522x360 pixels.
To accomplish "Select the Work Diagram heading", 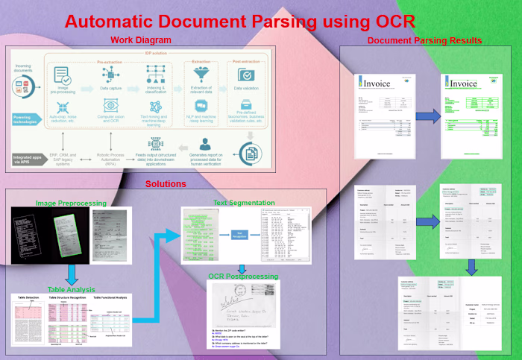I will [141, 40].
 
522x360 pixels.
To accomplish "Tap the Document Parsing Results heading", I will [424, 40].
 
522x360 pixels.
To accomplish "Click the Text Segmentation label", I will [242, 202].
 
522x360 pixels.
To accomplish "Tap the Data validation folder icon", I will [246, 75].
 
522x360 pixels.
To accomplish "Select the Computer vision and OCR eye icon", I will [110, 105].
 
